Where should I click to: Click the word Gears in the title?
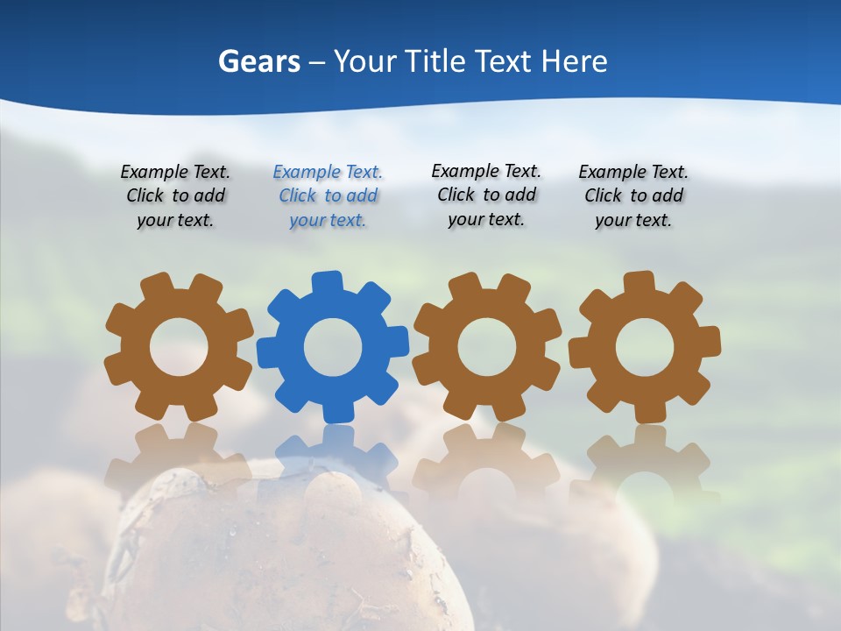pos(258,61)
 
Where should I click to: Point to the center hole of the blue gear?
pos(333,347)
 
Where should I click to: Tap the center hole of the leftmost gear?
pos(179,347)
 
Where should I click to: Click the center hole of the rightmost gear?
pos(645,347)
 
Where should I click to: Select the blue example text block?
pos(328,196)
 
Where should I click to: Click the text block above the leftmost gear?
pos(175,196)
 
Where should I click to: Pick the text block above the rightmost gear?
pos(633,196)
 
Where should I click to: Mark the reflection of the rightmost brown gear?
pos(645,460)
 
